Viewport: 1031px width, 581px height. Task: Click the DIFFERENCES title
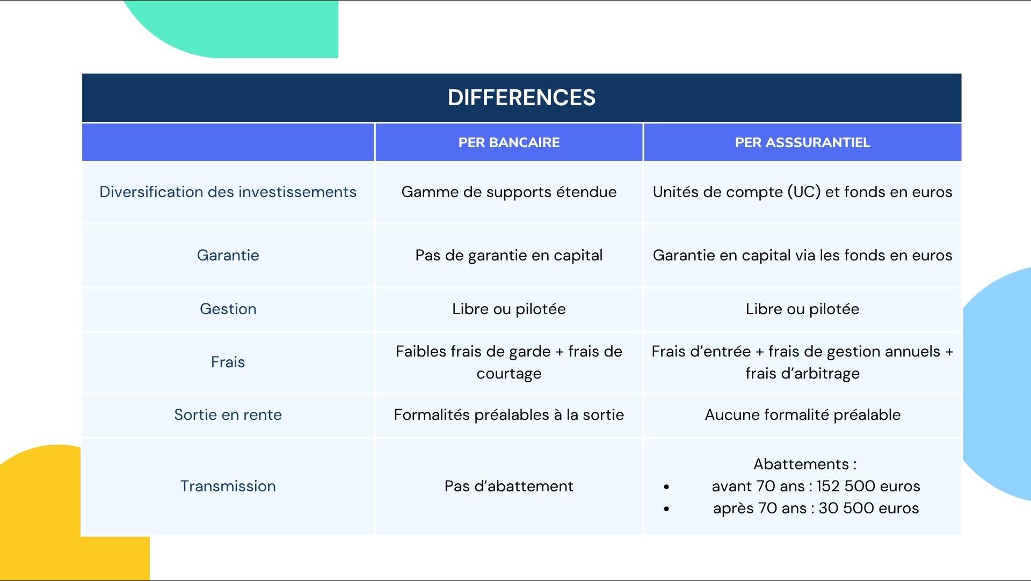coord(521,98)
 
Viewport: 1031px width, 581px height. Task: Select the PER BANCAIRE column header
coord(509,142)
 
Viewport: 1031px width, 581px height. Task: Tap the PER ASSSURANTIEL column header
coord(802,142)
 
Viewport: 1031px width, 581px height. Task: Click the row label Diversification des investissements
coord(228,192)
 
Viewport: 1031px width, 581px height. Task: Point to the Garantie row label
coord(228,255)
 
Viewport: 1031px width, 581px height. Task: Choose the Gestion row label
coord(228,309)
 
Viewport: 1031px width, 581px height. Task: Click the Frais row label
coord(228,362)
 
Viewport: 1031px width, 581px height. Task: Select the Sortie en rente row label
coord(228,415)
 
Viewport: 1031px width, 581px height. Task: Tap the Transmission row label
coord(228,486)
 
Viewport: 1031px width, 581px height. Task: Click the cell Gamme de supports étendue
coord(509,192)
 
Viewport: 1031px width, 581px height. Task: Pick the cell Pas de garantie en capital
coord(509,255)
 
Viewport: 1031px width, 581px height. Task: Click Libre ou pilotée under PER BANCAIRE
coord(509,309)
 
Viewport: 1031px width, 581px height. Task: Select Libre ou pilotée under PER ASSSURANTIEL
coord(802,309)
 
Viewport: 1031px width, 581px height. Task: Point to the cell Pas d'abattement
coord(509,486)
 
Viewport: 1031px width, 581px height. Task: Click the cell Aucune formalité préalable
coord(802,415)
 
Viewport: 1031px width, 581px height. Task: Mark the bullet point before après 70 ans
coord(666,509)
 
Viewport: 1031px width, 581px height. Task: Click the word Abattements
coord(801,464)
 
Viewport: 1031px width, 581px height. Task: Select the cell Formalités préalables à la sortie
coord(509,415)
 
